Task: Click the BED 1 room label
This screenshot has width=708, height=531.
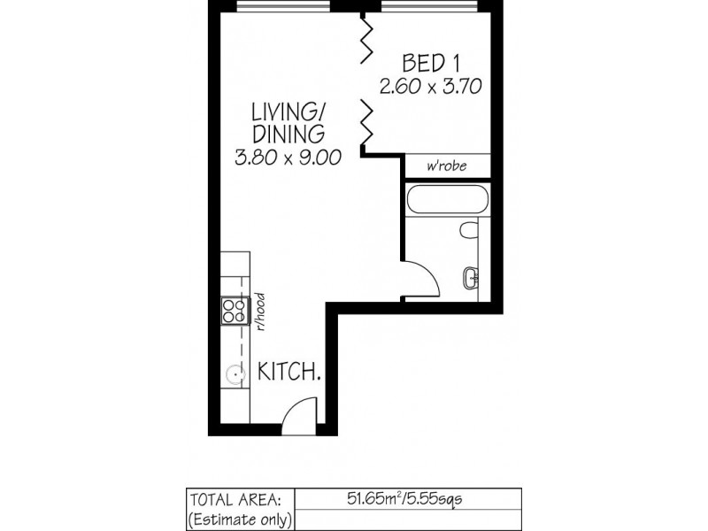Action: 431,64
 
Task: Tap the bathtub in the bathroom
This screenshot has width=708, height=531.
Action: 446,200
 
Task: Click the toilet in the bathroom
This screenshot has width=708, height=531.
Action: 469,231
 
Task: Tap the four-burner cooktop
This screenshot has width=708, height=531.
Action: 235,310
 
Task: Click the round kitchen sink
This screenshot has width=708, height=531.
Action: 235,374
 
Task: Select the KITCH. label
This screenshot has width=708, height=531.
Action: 289,373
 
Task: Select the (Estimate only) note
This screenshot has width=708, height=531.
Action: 239,519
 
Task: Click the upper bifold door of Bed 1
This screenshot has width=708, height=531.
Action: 365,40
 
